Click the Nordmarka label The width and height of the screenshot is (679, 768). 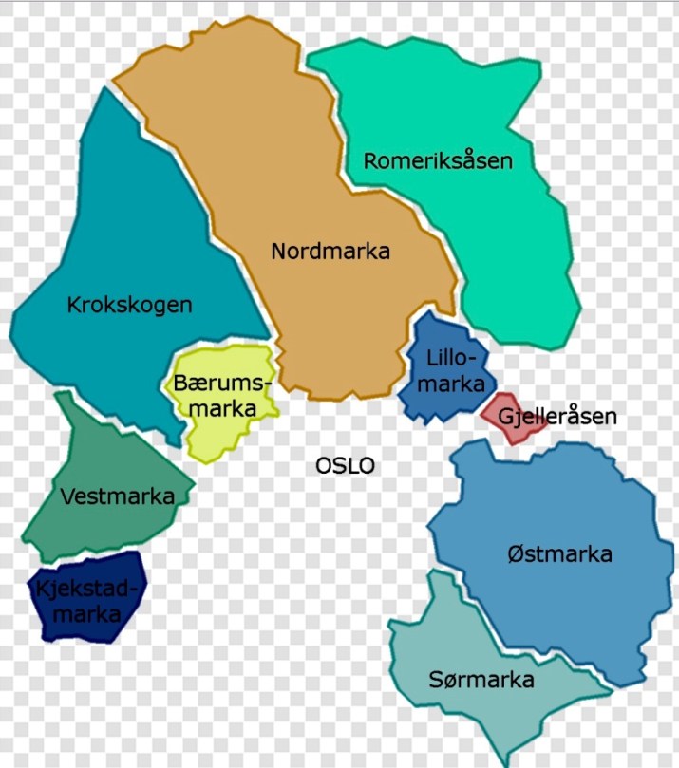[330, 252]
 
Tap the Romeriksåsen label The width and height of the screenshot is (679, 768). [438, 160]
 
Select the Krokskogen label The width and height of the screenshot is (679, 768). [130, 305]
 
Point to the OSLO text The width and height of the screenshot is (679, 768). [346, 466]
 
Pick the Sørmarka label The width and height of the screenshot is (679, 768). [481, 680]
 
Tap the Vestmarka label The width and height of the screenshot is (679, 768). [117, 496]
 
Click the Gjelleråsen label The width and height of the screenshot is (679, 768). [557, 417]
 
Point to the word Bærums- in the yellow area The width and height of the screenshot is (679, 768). [222, 384]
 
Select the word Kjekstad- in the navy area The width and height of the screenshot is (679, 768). [86, 590]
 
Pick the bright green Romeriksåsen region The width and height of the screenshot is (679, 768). [513, 247]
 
